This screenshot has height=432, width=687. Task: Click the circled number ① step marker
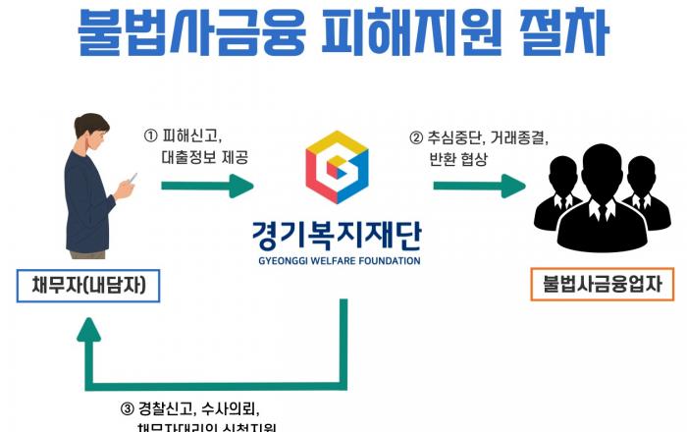click(x=151, y=135)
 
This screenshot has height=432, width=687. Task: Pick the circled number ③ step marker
click(x=126, y=406)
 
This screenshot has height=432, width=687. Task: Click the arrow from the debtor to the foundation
click(x=207, y=184)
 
